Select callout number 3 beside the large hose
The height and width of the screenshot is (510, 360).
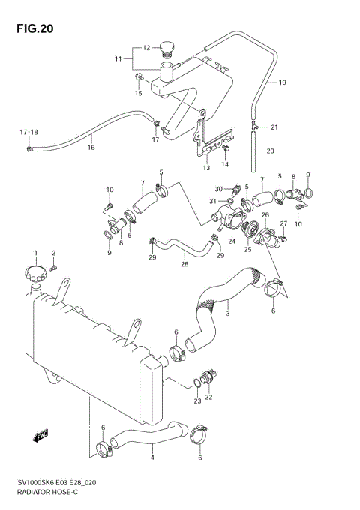tap(228, 313)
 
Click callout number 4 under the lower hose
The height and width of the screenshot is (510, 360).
tap(153, 457)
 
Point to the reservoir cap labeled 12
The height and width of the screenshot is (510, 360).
tap(168, 52)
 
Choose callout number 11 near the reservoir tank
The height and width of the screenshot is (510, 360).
tap(118, 58)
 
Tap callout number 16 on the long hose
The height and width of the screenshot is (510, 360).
tap(91, 148)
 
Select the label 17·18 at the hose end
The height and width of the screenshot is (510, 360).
tap(28, 133)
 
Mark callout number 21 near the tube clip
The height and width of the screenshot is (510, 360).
tap(274, 126)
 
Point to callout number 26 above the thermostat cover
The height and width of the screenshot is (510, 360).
tap(265, 215)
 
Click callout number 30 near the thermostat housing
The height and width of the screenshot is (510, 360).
tap(218, 189)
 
